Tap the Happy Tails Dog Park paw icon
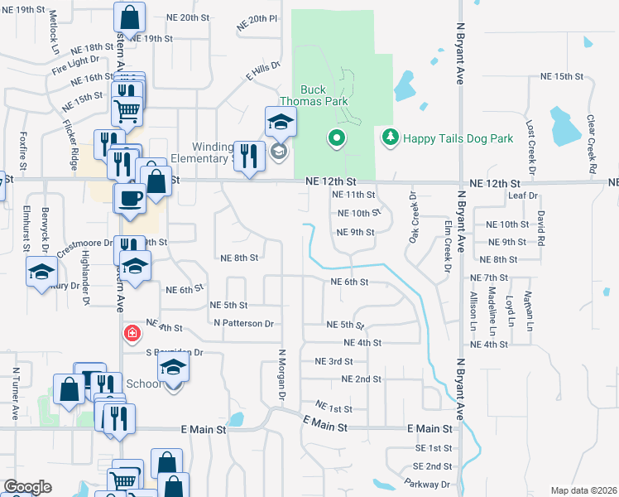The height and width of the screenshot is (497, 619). click(x=390, y=138)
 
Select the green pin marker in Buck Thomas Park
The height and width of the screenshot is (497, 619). click(x=336, y=138)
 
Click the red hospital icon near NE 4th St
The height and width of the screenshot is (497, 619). click(x=131, y=334)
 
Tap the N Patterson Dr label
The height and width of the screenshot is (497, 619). click(x=242, y=323)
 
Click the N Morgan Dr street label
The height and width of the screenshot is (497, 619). click(x=281, y=377)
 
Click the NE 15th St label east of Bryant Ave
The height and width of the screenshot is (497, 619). click(x=561, y=76)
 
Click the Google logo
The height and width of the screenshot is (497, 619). click(x=27, y=487)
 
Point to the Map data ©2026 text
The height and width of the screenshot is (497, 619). click(x=583, y=490)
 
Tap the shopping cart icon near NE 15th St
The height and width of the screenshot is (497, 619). click(x=126, y=108)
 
